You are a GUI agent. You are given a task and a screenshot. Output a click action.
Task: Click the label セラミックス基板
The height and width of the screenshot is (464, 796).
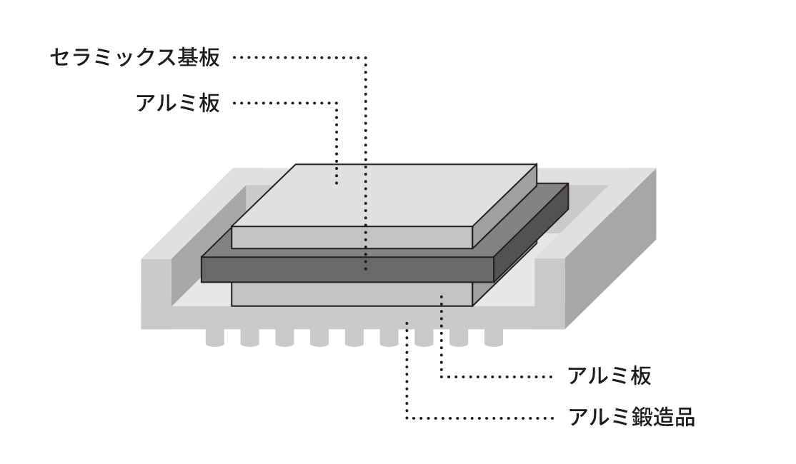point(135,58)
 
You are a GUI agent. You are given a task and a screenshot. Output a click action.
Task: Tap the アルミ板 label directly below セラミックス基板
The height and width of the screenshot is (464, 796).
point(178,104)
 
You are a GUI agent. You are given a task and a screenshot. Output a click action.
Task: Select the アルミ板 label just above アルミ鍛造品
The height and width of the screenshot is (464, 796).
point(610,375)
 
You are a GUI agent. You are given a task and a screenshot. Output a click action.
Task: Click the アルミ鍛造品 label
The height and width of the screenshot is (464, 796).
point(631,416)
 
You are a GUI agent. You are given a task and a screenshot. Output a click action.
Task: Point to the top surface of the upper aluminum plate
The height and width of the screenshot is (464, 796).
point(379,196)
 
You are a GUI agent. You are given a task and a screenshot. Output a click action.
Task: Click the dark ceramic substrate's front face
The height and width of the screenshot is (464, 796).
point(343,268)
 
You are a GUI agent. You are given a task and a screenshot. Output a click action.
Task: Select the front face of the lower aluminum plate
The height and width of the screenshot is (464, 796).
point(343,294)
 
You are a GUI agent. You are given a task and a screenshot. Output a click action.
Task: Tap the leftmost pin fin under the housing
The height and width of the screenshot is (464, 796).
point(214,337)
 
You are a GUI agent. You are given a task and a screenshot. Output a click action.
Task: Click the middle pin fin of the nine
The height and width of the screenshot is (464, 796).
point(354,337)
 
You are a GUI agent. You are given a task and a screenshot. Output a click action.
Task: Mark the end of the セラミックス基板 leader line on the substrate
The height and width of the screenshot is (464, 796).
point(366,269)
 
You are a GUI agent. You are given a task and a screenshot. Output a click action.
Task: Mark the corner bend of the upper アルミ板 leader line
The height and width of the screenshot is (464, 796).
point(337,104)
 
